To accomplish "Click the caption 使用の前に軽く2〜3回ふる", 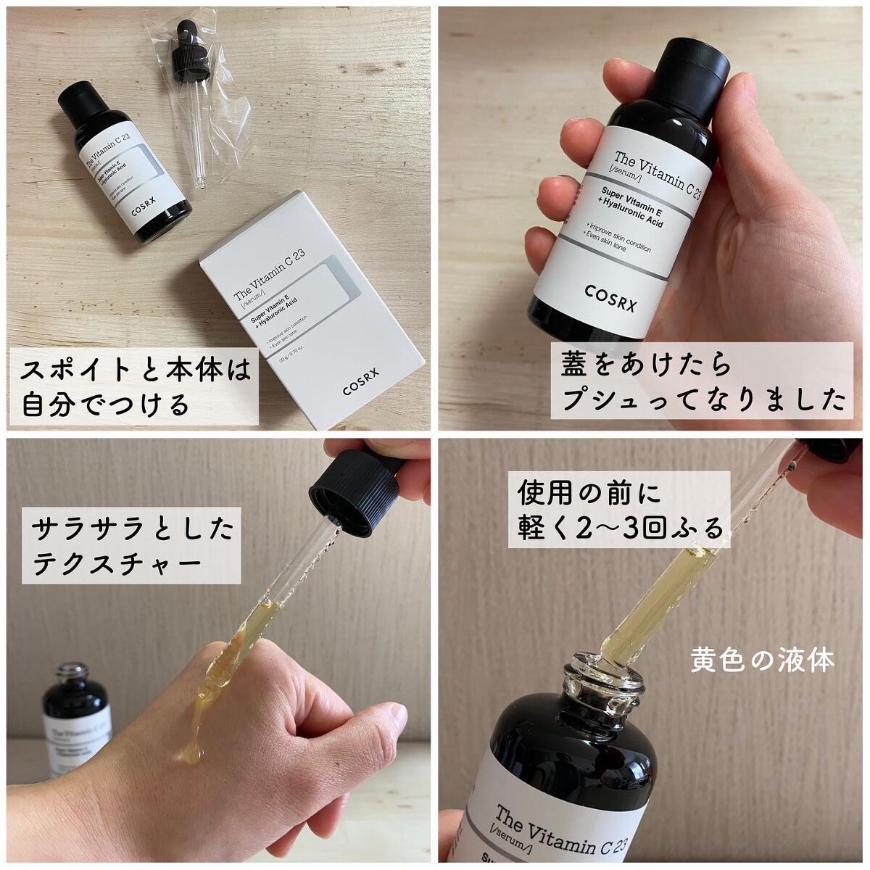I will tap(621, 512).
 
